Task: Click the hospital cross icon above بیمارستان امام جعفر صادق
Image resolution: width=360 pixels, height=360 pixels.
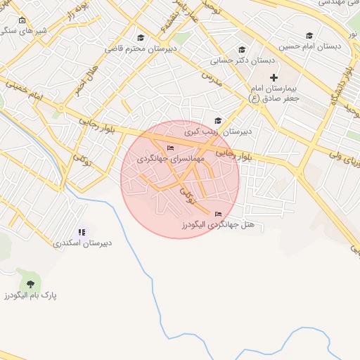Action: point(274,77)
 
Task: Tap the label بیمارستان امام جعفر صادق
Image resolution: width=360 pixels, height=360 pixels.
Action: point(275,94)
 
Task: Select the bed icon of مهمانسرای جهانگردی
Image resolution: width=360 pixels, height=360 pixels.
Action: point(170,148)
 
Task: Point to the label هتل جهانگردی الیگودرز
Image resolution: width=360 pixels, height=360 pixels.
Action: point(217,224)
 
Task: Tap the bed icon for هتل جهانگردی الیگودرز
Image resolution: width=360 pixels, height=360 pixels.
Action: point(217,213)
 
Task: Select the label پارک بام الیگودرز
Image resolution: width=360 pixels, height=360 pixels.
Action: point(30,295)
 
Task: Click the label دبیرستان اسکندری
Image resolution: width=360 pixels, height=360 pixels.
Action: point(82,244)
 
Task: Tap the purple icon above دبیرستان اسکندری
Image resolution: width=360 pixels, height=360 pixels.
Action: point(82,232)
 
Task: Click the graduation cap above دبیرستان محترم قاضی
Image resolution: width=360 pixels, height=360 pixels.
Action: point(140,38)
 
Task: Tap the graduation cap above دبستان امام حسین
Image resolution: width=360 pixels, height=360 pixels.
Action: point(309,36)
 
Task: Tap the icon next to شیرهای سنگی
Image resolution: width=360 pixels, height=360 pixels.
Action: point(22,20)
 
